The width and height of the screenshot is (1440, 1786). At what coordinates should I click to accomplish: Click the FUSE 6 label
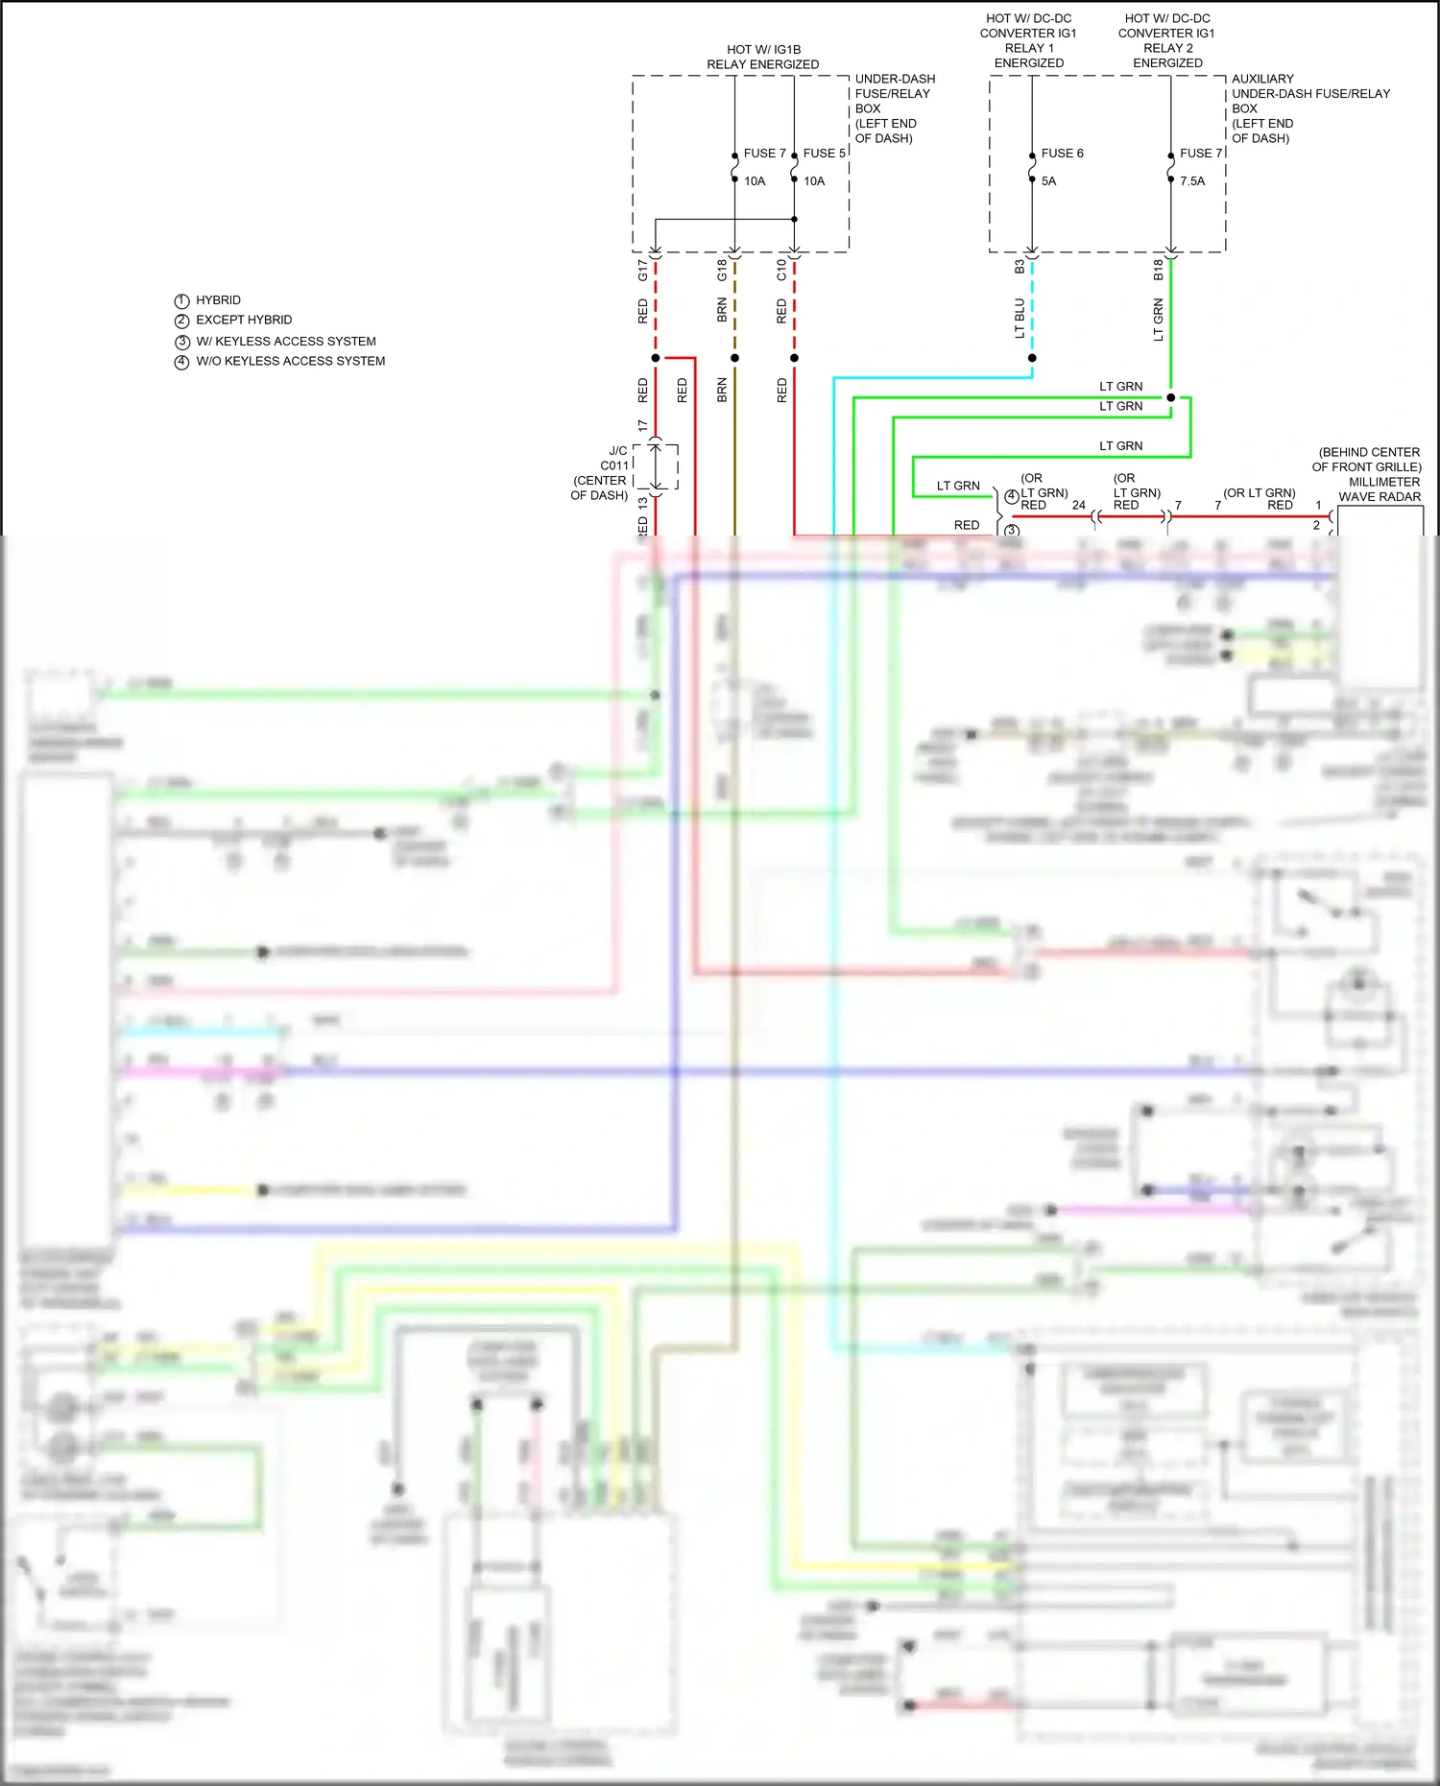(1062, 154)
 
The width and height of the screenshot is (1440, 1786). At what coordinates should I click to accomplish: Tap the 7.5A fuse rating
(1191, 181)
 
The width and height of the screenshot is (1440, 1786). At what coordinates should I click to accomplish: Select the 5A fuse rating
(1048, 181)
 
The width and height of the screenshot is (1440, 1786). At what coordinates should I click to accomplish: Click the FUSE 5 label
(824, 154)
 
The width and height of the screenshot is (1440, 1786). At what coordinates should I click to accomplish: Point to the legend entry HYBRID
(218, 300)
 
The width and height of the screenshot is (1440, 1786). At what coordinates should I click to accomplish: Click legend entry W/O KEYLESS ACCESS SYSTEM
(290, 362)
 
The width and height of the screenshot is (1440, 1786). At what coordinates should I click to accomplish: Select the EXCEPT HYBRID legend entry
(244, 321)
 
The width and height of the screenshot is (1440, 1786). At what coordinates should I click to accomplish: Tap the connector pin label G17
(643, 271)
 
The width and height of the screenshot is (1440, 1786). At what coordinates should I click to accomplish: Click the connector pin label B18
(1158, 271)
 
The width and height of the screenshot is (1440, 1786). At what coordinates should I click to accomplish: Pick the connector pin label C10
(781, 271)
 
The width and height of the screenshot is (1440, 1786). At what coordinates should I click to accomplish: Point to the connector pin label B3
(1020, 268)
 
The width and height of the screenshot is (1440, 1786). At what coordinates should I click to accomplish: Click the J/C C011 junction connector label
(613, 459)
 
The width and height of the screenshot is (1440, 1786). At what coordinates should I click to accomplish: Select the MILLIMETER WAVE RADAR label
(1380, 489)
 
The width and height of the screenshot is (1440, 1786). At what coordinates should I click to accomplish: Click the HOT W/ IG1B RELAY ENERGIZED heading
(763, 57)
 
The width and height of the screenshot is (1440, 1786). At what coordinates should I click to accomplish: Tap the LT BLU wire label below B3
(1020, 318)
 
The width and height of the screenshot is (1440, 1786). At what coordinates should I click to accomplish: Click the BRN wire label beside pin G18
(722, 310)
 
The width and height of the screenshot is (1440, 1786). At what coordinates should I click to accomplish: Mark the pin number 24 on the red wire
(1078, 506)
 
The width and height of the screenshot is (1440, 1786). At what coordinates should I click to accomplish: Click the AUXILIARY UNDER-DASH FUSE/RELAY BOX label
(1309, 94)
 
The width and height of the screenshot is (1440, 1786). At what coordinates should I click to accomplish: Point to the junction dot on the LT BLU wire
(1032, 358)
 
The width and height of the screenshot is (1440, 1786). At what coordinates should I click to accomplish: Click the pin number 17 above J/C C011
(643, 425)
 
